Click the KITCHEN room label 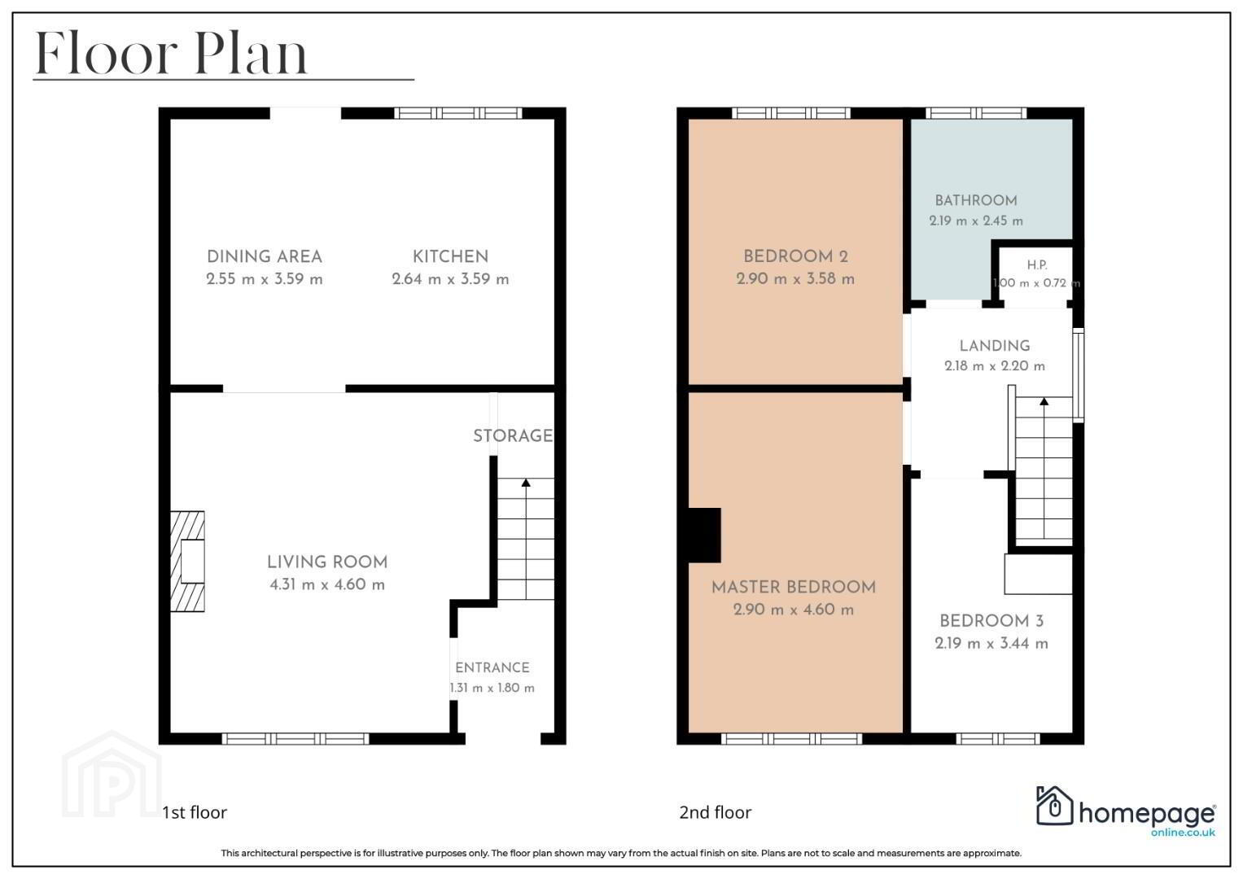450,256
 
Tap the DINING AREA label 264,256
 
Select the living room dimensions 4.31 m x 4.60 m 327,584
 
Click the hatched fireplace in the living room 187,561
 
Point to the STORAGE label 513,435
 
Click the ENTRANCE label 492,667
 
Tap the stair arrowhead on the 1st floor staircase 526,483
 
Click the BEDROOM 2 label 795,256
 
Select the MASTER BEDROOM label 794,587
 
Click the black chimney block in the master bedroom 705,535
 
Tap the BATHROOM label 975,200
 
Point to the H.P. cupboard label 1036,265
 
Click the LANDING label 995,346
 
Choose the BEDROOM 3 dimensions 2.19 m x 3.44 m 991,643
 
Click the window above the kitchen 458,113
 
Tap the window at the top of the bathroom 976,113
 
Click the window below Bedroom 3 998,739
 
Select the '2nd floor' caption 716,812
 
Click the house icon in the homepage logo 1054,805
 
